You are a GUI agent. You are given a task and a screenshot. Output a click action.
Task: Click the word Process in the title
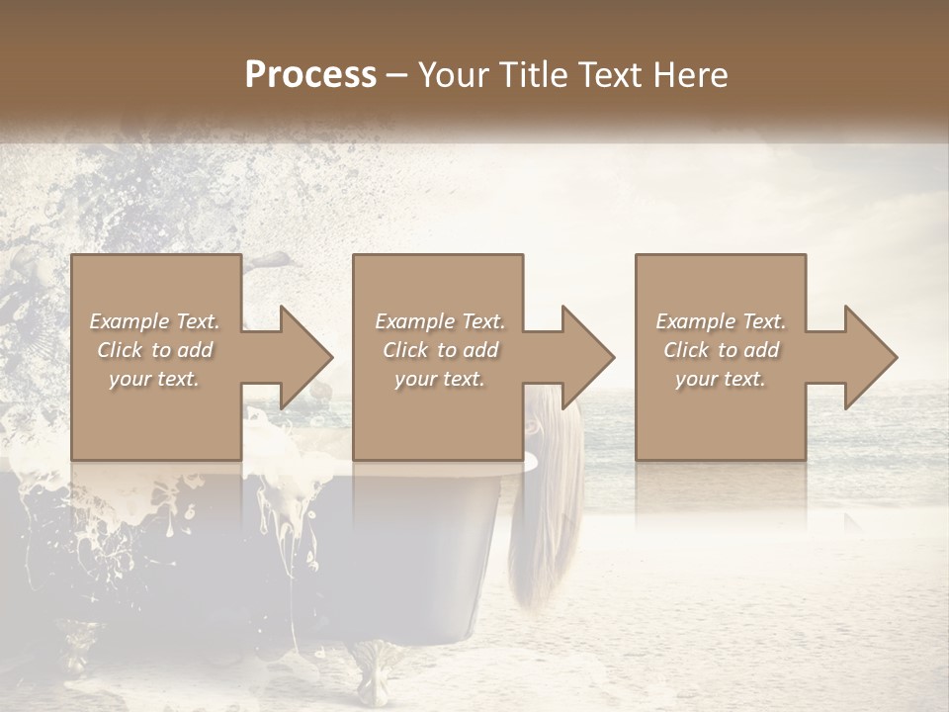pyautogui.click(x=310, y=75)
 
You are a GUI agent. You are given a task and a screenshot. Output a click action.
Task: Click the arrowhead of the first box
pyautogui.click(x=306, y=357)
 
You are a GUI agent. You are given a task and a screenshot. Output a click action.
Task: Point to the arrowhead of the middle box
pyautogui.click(x=588, y=357)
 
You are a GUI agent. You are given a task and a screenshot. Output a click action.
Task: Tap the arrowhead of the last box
pyautogui.click(x=870, y=357)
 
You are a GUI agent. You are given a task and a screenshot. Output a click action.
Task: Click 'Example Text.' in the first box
pyautogui.click(x=154, y=321)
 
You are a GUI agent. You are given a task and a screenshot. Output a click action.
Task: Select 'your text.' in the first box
pyautogui.click(x=154, y=379)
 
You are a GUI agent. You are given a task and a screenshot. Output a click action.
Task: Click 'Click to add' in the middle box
pyautogui.click(x=440, y=350)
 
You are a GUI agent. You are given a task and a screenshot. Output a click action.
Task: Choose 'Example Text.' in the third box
pyautogui.click(x=721, y=321)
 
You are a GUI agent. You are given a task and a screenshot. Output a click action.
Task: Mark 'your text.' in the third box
pyautogui.click(x=721, y=379)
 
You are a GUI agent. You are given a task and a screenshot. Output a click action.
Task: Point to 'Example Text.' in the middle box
pyautogui.click(x=440, y=321)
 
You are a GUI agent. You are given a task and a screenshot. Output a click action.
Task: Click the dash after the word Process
pyautogui.click(x=397, y=76)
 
